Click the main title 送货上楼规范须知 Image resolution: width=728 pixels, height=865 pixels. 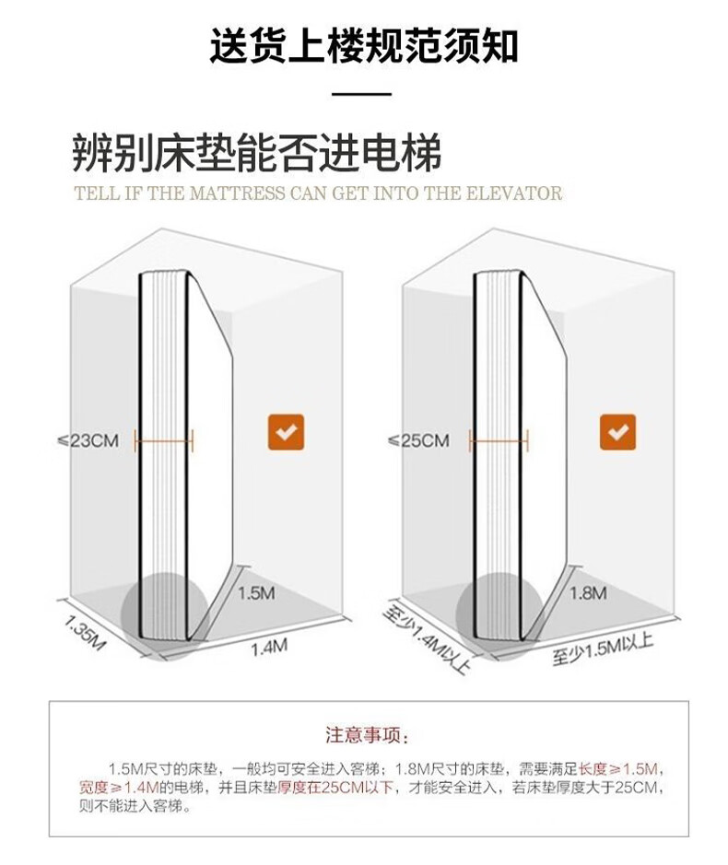363,45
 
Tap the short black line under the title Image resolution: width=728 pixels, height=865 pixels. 362,94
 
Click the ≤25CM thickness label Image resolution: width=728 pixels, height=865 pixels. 419,440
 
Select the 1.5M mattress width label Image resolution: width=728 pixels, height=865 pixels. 256,593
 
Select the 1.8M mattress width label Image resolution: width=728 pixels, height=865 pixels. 588,592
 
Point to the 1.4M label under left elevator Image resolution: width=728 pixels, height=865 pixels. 269,647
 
